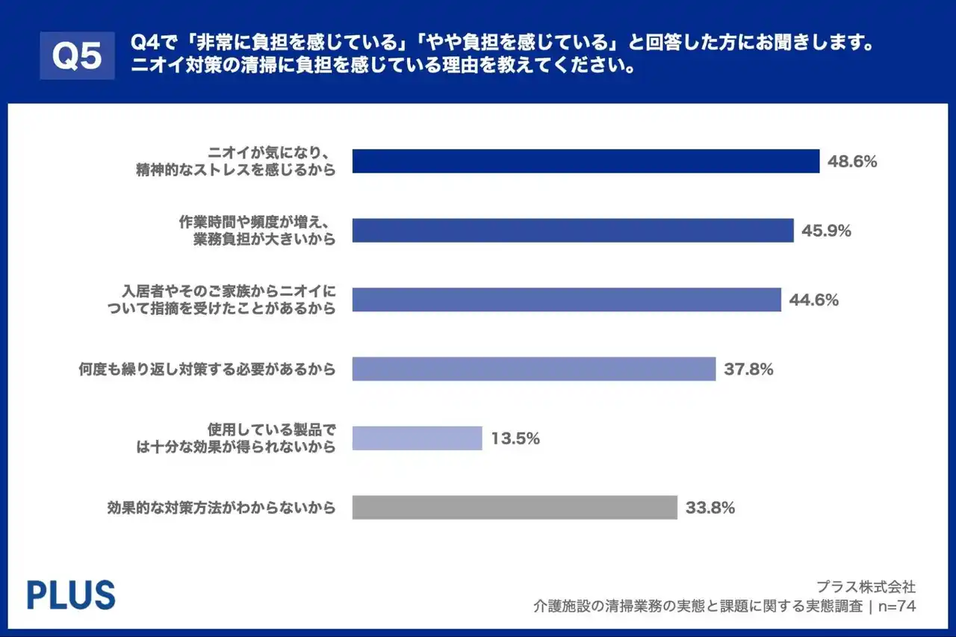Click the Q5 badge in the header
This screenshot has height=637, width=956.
(77, 55)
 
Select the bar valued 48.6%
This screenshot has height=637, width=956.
(586, 161)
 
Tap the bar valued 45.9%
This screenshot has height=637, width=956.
(572, 231)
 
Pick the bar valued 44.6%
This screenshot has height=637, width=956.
(566, 299)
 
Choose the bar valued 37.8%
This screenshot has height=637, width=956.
(534, 369)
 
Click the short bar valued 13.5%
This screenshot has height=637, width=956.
(417, 438)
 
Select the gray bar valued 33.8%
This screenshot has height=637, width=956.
(515, 508)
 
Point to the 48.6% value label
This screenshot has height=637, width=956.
(851, 161)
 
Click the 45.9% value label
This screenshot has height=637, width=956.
(826, 231)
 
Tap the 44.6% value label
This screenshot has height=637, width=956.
(813, 300)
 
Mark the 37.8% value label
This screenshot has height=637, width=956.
(748, 369)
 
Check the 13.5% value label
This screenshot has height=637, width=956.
(515, 438)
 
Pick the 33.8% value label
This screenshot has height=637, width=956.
(710, 508)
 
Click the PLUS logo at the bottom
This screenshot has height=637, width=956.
(71, 595)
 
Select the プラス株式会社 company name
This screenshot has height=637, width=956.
(866, 586)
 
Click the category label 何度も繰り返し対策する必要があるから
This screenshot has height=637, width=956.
(207, 369)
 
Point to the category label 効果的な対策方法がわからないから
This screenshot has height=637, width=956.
(220, 508)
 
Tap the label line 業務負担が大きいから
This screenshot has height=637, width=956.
(264, 239)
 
